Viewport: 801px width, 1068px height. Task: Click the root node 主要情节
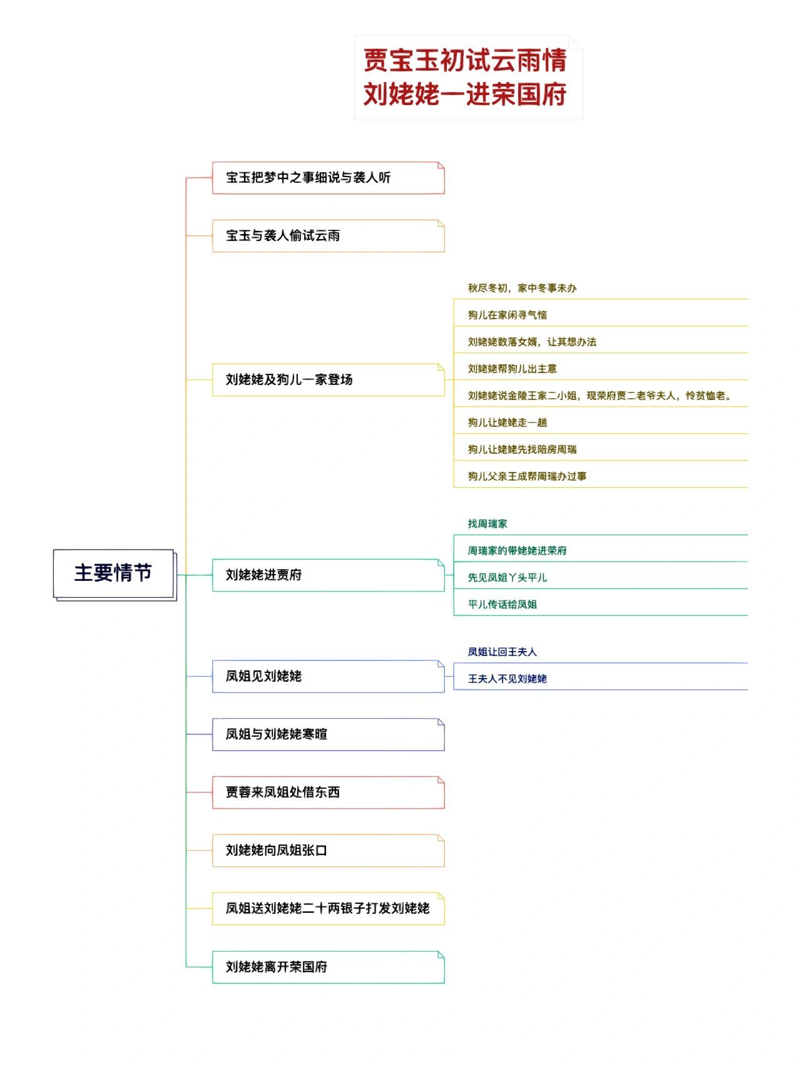[113, 573]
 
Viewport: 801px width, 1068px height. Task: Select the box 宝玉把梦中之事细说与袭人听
[327, 178]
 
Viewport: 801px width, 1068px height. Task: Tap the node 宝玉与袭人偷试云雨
[327, 236]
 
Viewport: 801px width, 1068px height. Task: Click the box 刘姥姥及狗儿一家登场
[327, 380]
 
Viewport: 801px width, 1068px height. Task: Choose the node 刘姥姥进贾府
[327, 575]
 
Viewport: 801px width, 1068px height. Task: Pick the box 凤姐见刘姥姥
[327, 676]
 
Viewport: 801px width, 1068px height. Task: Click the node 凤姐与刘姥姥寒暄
[327, 734]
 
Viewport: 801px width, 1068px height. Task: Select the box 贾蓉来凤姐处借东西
[327, 793]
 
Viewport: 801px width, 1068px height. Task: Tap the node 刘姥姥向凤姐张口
[327, 851]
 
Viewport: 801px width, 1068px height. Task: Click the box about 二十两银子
[327, 908]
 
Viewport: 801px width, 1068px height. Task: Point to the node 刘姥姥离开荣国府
[327, 967]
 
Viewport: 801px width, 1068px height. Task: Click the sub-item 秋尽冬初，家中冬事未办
[522, 289]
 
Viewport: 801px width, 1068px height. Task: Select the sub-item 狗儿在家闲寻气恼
[508, 315]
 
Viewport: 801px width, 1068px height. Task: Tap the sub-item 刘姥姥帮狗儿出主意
[512, 369]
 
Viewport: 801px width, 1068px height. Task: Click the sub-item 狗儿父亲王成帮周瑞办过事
[527, 476]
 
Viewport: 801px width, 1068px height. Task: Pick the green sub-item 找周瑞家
[487, 524]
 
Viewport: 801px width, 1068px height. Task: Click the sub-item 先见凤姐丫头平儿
[508, 578]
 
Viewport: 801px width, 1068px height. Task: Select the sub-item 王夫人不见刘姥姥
[508, 679]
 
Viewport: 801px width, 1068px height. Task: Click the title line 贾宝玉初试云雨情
[465, 61]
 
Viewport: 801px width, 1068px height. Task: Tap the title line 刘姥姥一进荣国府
[465, 95]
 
